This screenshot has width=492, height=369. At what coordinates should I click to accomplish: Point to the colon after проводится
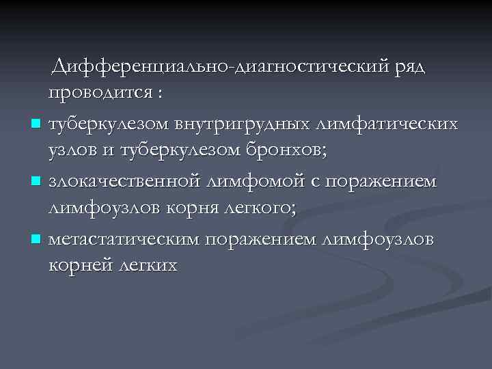pyautogui.click(x=161, y=96)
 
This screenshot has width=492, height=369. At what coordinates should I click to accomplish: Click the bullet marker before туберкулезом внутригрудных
pyautogui.click(x=36, y=124)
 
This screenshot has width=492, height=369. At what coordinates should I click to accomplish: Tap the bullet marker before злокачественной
pyautogui.click(x=36, y=182)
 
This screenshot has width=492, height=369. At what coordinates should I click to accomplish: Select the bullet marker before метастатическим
pyautogui.click(x=36, y=240)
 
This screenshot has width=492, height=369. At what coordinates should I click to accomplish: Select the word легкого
pyautogui.click(x=258, y=210)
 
